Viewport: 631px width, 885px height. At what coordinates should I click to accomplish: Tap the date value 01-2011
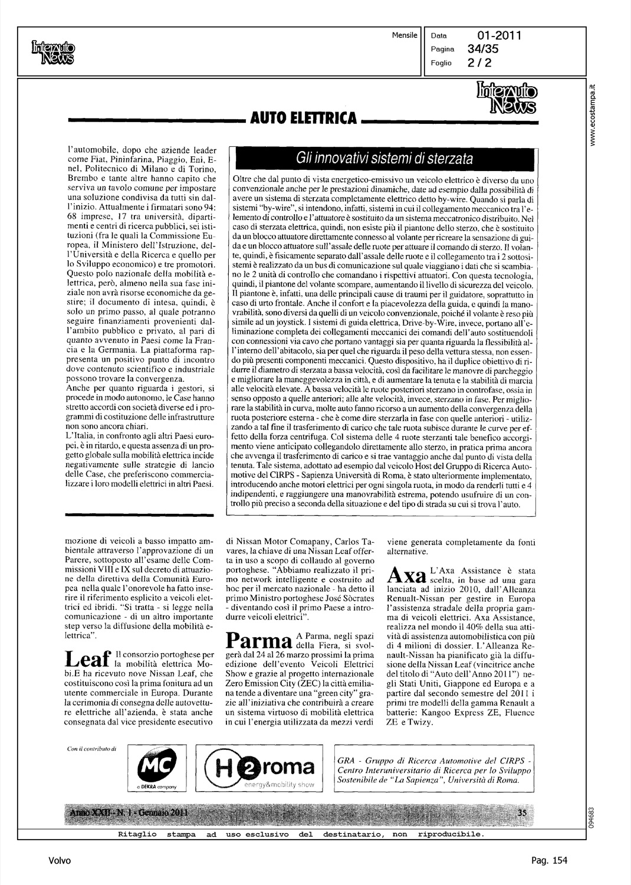pos(500,36)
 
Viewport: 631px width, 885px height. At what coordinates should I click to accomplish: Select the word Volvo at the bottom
pos(60,861)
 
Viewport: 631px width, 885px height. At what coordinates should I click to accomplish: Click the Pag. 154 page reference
pos(549,861)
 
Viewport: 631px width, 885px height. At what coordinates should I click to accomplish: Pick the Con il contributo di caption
pos(93,749)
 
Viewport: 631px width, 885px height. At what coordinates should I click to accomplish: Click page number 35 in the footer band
pos(521,813)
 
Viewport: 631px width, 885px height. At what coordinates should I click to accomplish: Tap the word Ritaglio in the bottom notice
pos(137,834)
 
